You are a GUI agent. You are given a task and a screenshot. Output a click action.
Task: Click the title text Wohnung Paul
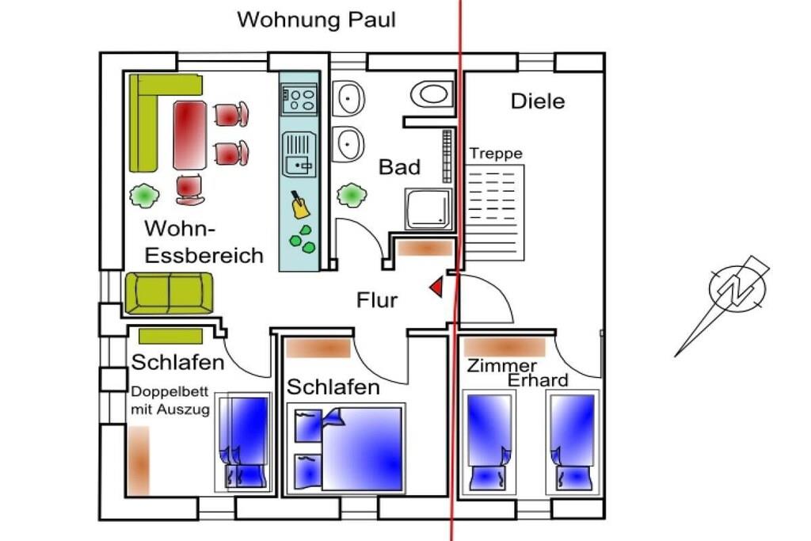pos(316,20)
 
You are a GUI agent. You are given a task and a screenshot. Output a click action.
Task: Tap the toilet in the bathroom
pos(432,94)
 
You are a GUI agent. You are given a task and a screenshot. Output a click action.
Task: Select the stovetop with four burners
pos(299,99)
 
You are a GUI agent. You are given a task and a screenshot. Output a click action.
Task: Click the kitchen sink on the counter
pos(299,154)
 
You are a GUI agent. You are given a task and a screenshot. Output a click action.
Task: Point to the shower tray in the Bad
pos(428,208)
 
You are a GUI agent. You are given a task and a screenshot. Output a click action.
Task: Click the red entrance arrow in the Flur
pos(436,288)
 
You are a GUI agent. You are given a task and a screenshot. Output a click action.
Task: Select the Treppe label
pos(497,154)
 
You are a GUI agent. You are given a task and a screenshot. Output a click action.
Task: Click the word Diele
pos(538,101)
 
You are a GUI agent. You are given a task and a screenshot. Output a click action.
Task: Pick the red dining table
pos(190,135)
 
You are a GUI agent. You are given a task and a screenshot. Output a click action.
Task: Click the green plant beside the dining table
pos(143,193)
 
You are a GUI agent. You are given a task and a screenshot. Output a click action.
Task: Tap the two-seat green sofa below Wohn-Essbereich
pos(169,293)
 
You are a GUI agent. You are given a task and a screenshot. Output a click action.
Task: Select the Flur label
pos(377,300)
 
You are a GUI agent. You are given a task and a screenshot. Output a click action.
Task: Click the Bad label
pos(399,168)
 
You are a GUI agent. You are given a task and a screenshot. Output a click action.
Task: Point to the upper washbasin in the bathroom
pos(348,99)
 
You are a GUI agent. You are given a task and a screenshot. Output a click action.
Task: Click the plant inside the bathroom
pos(350,194)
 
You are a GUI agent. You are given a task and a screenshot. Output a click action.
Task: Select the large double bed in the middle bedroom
pos(363,448)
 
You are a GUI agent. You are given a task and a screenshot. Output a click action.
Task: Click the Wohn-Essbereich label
pos(204,242)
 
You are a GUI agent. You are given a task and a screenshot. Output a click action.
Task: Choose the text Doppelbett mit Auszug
pos(169,401)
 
